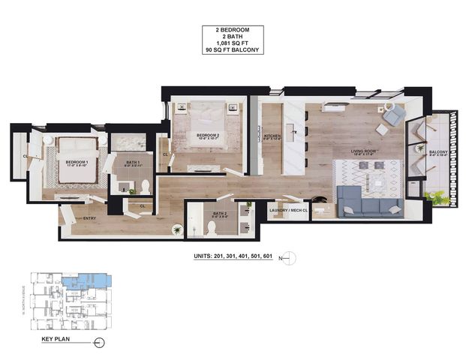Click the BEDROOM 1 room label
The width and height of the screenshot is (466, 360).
point(77,162)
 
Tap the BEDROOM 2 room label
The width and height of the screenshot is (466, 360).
point(208,136)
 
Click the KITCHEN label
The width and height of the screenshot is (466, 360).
point(271,136)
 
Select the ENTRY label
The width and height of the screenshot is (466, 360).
point(89,218)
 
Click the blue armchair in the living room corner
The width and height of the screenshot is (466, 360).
point(393,114)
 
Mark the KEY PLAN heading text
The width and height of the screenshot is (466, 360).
point(56,340)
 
